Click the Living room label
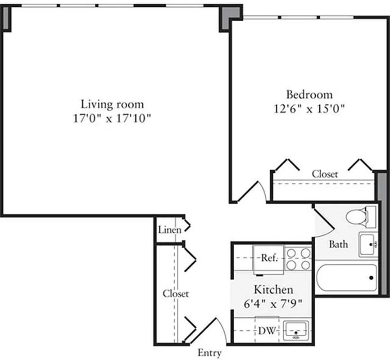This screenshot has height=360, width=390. pyautogui.click(x=112, y=104)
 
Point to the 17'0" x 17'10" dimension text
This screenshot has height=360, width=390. pyautogui.click(x=112, y=120)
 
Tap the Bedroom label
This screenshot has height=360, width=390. pyautogui.click(x=309, y=94)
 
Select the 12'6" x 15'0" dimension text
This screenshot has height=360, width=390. pyautogui.click(x=309, y=109)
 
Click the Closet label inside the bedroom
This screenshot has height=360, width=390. pyautogui.click(x=325, y=174)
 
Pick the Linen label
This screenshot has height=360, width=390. pyautogui.click(x=169, y=230)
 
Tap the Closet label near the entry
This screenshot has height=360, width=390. pyautogui.click(x=176, y=293)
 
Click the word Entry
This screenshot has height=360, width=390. pyautogui.click(x=209, y=353)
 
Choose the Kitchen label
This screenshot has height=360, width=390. pyautogui.click(x=273, y=289)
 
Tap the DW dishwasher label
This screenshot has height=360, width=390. pyautogui.click(x=268, y=331)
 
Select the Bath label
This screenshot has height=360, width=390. pyautogui.click(x=338, y=244)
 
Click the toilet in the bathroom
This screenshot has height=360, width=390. pyautogui.click(x=360, y=216)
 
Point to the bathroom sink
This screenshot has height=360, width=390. pyautogui.click(x=368, y=244)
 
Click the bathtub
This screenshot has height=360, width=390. pyautogui.click(x=346, y=278)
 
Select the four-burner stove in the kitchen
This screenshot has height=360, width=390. pyautogui.click(x=298, y=258)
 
